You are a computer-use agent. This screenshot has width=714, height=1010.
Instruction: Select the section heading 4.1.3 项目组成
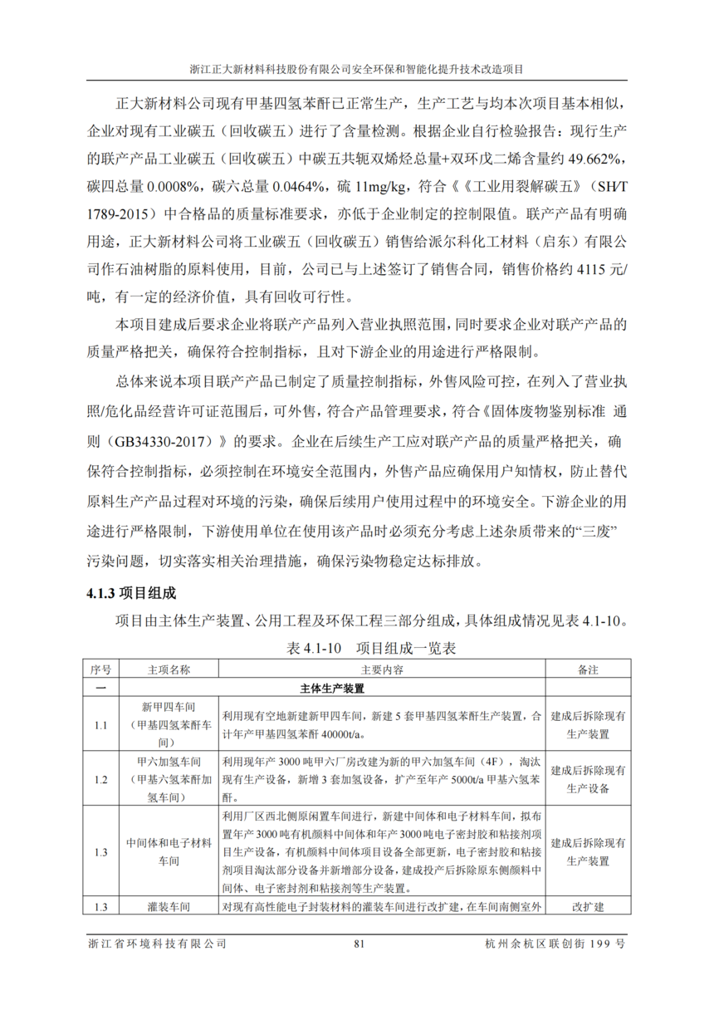(130, 595)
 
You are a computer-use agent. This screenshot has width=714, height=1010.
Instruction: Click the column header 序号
(100, 669)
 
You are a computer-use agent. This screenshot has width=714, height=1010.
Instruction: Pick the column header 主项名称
(169, 669)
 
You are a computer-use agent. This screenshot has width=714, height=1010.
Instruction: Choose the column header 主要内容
(382, 669)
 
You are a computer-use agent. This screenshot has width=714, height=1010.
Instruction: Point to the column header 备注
(588, 669)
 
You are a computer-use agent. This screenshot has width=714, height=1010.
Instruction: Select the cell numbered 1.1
(100, 725)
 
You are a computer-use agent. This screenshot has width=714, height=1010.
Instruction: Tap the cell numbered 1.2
(100, 780)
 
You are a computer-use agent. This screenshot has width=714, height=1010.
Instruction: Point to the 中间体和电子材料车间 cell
(169, 851)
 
